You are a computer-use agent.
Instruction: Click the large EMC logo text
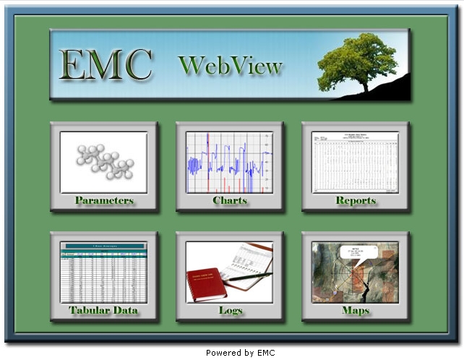click(x=106, y=65)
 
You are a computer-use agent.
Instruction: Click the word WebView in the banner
click(x=230, y=66)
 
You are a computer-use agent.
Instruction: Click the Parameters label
click(x=104, y=200)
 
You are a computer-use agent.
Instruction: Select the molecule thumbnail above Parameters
click(x=104, y=161)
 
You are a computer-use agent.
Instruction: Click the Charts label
click(x=230, y=200)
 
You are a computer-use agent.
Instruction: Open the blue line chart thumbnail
click(x=230, y=161)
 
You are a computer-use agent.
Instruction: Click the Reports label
click(x=356, y=200)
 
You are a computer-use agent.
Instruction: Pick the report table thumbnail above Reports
click(x=356, y=161)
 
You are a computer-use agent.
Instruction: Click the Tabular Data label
click(x=103, y=311)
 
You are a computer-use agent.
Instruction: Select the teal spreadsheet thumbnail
click(x=103, y=273)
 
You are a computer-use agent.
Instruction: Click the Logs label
click(x=231, y=311)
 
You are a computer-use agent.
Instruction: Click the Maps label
click(x=356, y=311)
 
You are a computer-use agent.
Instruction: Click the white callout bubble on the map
click(x=355, y=254)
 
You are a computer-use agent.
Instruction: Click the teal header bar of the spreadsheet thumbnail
click(x=103, y=246)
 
